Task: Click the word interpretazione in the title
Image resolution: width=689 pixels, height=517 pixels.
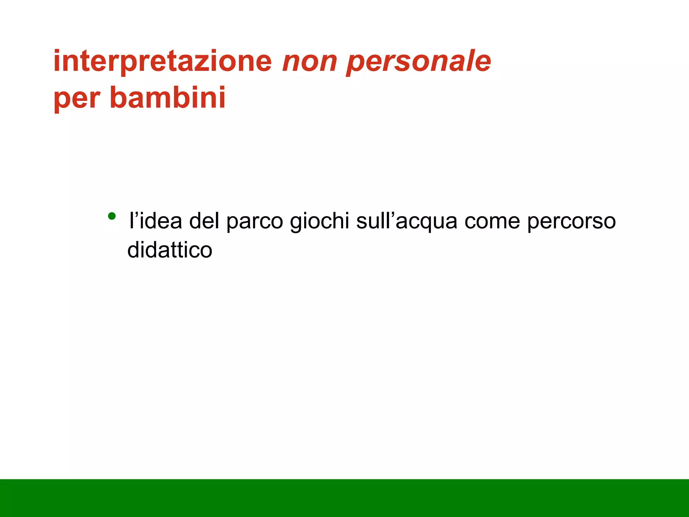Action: tap(162, 62)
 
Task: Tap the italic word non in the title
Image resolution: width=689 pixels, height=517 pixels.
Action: tap(310, 62)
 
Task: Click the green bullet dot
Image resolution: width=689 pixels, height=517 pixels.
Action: tap(112, 216)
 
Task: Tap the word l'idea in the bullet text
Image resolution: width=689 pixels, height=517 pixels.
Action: tap(155, 221)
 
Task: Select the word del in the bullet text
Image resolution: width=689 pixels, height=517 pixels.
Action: tap(204, 221)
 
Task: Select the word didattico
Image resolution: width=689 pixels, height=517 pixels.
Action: tap(170, 250)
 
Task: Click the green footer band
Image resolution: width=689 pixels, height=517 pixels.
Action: tap(344, 498)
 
